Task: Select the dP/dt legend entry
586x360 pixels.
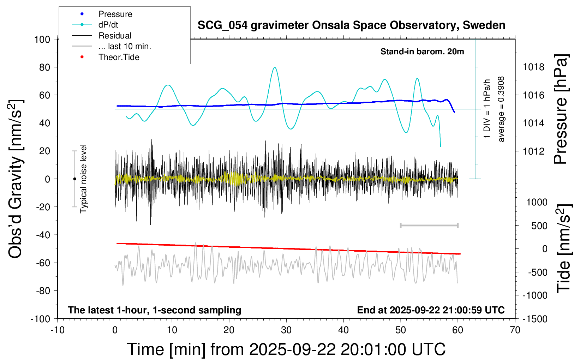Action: point(108,25)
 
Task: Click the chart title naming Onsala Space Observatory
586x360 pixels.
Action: point(351,25)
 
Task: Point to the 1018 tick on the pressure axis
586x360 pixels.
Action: point(533,67)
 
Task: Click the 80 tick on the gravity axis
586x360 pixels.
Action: point(44,67)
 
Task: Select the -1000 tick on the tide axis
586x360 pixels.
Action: point(535,295)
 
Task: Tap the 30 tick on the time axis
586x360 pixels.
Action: point(286,330)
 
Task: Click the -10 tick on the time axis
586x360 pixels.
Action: point(58,330)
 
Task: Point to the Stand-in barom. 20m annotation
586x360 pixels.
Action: point(422,52)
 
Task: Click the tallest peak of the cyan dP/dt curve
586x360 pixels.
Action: point(275,67)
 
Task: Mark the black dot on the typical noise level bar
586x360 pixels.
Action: point(74,179)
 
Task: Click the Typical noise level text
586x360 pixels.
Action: point(83,179)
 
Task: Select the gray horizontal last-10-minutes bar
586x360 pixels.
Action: point(429,225)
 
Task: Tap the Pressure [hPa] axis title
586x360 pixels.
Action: point(561,109)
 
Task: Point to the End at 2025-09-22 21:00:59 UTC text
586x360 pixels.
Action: point(431,310)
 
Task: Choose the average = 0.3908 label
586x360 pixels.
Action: point(501,109)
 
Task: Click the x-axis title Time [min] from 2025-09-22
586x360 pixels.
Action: point(286,349)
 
